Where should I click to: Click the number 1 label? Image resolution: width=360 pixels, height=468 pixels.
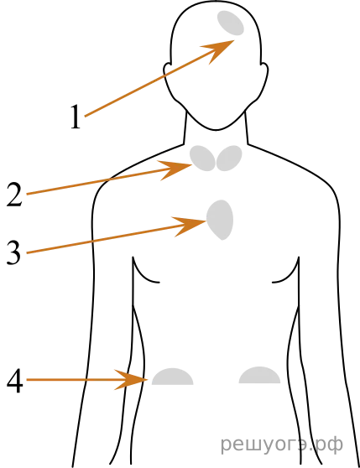(x=76, y=117)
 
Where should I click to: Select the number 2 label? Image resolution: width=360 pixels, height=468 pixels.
(x=14, y=195)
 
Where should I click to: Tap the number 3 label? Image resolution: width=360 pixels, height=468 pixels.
(x=14, y=252)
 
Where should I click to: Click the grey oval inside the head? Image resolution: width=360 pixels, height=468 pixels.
(x=231, y=23)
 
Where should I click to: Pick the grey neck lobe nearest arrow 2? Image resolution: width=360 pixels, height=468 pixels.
(x=203, y=159)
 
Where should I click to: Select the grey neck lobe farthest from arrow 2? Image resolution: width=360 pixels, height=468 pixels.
(x=229, y=159)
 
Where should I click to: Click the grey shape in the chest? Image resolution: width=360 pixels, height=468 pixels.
(x=220, y=220)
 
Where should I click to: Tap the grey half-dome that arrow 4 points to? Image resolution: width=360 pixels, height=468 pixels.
(x=173, y=377)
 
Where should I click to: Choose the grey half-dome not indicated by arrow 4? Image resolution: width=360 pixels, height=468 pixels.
(x=259, y=375)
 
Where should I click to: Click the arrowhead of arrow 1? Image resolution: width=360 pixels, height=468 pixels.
(x=219, y=50)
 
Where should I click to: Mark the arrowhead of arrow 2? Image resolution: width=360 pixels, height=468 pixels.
(x=176, y=169)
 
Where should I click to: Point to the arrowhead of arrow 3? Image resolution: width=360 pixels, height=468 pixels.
(x=191, y=226)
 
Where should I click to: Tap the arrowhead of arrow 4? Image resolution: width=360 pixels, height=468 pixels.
(x=132, y=380)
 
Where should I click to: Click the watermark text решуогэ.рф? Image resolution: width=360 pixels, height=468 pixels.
(x=282, y=445)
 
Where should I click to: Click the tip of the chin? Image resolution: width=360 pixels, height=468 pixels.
(x=216, y=129)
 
